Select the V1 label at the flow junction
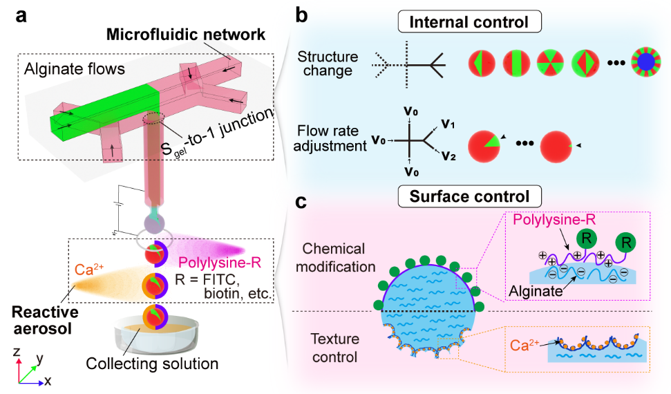click(447, 127)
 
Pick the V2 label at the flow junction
click(447, 155)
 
